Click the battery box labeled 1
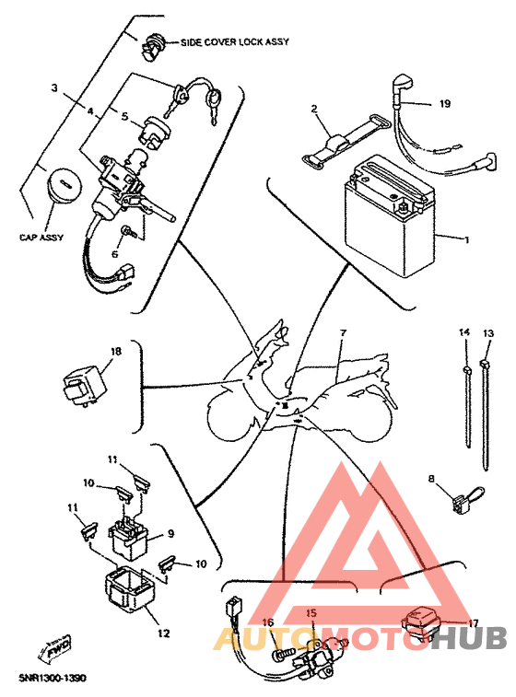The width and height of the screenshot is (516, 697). [388, 215]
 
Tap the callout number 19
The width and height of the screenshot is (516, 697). [445, 104]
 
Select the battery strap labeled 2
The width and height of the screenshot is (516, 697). [336, 145]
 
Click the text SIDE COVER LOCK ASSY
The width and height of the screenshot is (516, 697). [234, 41]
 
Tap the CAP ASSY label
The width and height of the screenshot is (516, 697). [41, 237]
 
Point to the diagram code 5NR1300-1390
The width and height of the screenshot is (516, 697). [52, 678]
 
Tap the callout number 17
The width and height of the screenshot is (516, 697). [473, 622]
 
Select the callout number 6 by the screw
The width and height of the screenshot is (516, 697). [116, 254]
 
